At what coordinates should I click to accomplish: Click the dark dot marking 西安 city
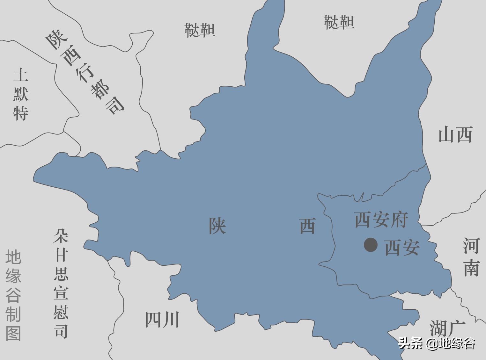coord(371,245)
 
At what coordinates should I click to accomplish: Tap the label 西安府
coord(381,220)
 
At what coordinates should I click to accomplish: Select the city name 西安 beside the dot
coord(402,248)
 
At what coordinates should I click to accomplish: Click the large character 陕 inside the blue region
coord(217,226)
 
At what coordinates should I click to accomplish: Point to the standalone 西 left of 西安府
coord(307,226)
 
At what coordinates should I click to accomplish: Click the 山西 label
coord(455,135)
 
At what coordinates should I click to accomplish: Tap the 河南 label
coord(471,257)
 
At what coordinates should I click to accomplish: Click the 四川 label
coord(162,320)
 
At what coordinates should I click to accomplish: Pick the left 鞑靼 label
coord(200,31)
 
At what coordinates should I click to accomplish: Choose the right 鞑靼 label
coord(339,23)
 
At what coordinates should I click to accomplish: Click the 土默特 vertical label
coord(21,94)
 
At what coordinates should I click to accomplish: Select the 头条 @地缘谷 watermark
coord(437,343)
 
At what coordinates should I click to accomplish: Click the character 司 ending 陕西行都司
coord(115,105)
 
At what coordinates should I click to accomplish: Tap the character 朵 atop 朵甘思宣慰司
coord(61,236)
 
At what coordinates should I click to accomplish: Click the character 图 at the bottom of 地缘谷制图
coord(13,334)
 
